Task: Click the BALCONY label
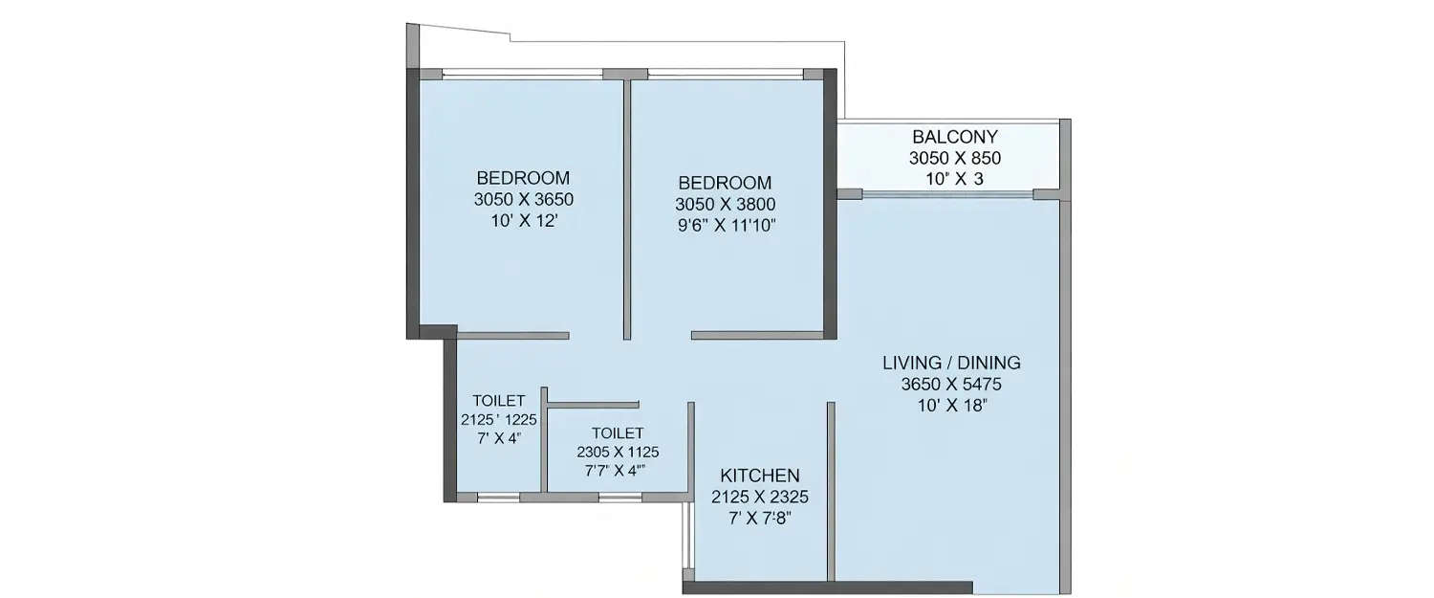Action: click(955, 137)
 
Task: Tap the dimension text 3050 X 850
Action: click(955, 158)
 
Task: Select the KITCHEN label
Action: click(760, 476)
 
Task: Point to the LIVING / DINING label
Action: click(951, 363)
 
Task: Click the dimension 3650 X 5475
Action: click(951, 385)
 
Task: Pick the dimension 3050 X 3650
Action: click(523, 200)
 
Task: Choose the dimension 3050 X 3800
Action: click(725, 204)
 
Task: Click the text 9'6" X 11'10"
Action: click(725, 226)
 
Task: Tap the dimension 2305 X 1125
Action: click(618, 453)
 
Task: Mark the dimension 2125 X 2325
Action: click(760, 498)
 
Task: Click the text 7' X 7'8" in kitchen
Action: click(760, 519)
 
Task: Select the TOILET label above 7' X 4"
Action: click(498, 401)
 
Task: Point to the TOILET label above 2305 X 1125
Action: click(617, 433)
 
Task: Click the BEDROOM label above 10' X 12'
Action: click(523, 178)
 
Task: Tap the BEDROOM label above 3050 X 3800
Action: click(725, 183)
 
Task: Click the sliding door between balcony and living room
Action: click(947, 194)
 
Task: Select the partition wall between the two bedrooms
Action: click(627, 210)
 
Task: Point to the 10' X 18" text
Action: click(951, 406)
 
